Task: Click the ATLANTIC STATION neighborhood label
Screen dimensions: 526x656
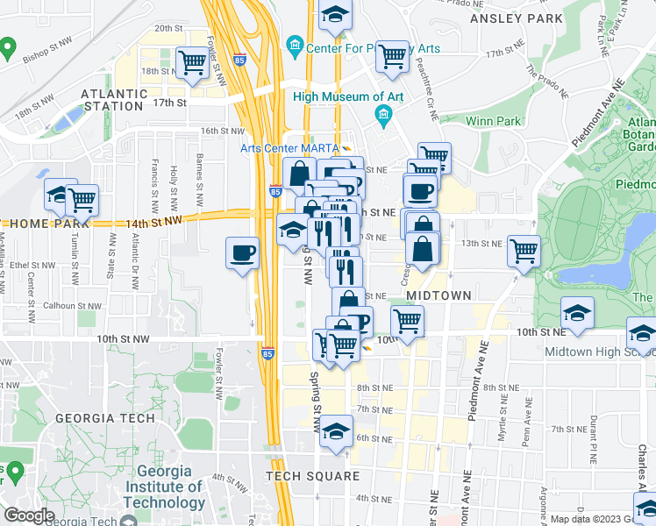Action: click(112, 99)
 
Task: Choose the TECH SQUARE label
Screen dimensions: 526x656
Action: click(313, 476)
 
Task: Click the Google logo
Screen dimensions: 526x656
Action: click(29, 515)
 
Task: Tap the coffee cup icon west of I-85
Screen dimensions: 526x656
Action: click(242, 253)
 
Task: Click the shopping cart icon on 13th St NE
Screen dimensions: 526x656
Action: click(524, 251)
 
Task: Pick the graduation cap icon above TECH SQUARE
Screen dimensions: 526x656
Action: click(335, 433)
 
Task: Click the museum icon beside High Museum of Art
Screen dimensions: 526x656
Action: click(383, 115)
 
